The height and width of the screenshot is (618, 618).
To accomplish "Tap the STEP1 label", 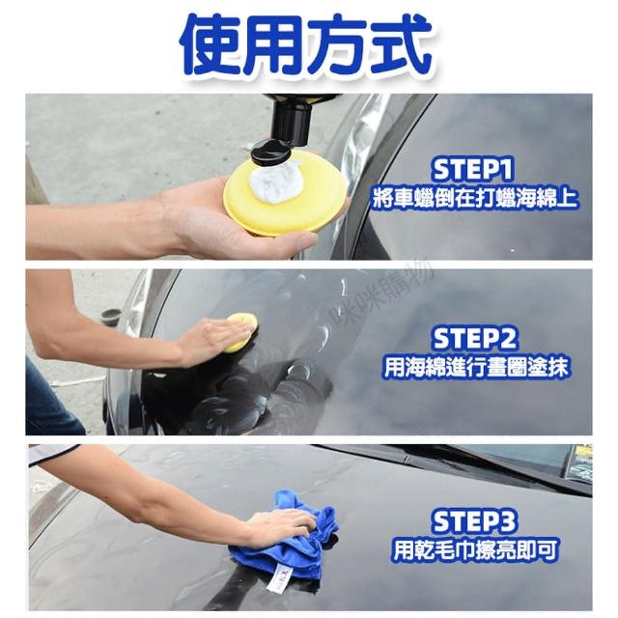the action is point(472,170).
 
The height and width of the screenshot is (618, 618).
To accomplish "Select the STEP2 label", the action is point(474,339).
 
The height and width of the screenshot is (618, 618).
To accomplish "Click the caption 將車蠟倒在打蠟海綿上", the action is point(474,198).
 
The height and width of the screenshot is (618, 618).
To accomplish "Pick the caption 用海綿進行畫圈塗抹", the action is point(476,368).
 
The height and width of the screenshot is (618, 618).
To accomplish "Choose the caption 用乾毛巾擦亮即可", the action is point(475,549).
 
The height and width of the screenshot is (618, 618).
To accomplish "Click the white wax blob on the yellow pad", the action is point(277,181).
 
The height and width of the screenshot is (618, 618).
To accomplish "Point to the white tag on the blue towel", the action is point(278,578).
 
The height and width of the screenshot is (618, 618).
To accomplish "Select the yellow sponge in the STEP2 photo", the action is point(240,331).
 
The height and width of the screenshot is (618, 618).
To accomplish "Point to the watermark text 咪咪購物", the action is point(383,295).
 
